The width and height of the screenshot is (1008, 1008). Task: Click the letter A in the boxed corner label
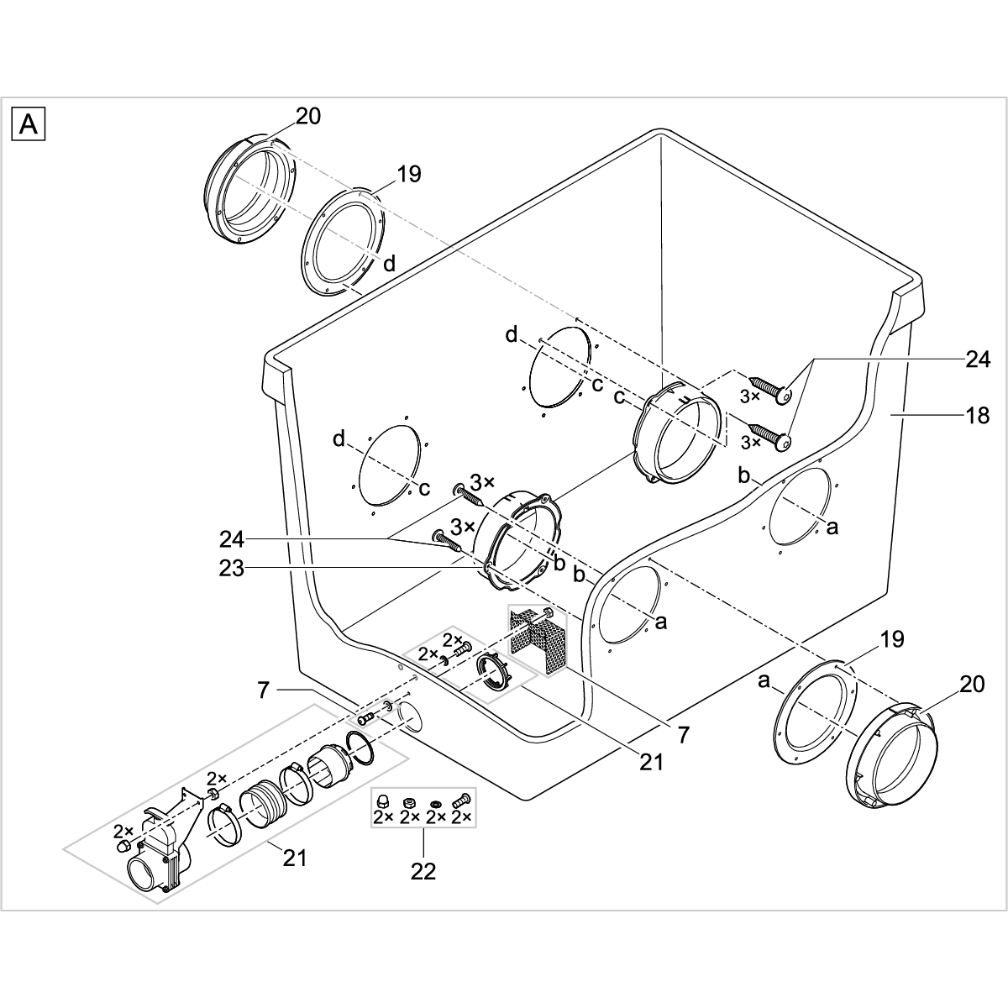tap(29, 125)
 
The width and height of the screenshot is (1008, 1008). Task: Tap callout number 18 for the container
tap(977, 415)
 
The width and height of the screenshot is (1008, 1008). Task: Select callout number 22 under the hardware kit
tap(423, 871)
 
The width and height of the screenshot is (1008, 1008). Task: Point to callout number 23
tap(232, 569)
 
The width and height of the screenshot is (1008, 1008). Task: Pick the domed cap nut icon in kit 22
tap(383, 801)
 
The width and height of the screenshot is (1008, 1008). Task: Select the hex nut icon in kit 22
tap(410, 801)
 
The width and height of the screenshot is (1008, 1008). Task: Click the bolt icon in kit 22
tap(461, 801)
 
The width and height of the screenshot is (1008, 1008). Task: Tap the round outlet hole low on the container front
tap(411, 719)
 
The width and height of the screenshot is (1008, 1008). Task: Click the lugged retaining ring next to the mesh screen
tap(494, 672)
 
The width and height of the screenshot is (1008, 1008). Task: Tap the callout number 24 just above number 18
tap(977, 360)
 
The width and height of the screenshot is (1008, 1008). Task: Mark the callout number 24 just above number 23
tap(232, 537)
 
